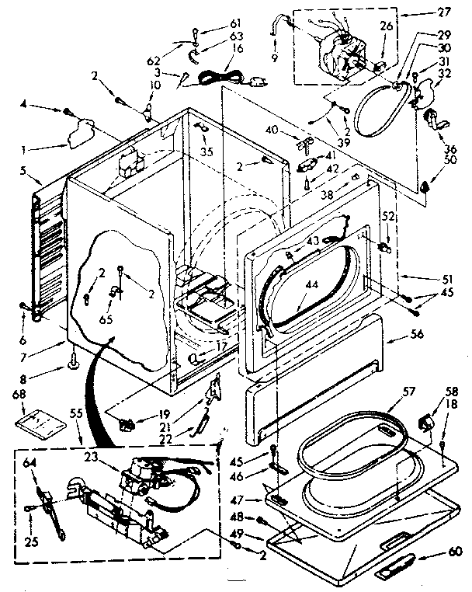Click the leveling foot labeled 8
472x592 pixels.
pyautogui.click(x=74, y=360)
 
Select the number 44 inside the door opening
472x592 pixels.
pyautogui.click(x=311, y=285)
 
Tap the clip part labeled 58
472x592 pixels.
pyautogui.click(x=426, y=423)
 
